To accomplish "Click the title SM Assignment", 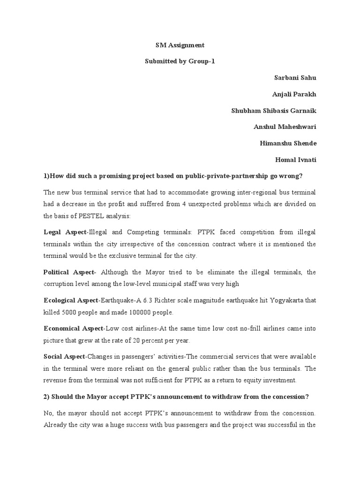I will tap(180, 45).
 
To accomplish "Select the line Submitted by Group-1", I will tap(180, 61).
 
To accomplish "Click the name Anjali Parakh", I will tap(294, 94).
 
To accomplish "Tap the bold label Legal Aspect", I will tap(65, 232).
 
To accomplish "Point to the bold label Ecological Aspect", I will tap(71, 300).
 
